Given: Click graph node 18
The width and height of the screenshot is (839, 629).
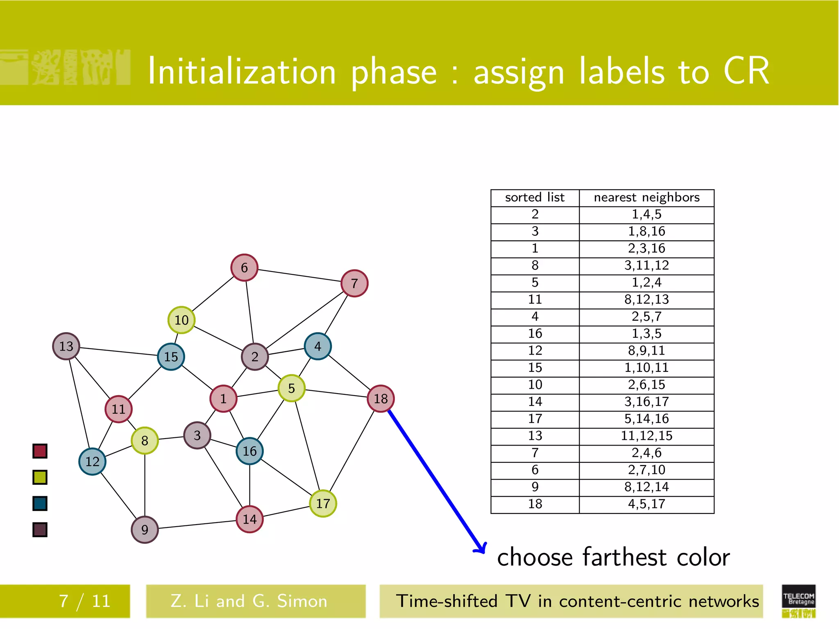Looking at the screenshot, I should (x=381, y=398).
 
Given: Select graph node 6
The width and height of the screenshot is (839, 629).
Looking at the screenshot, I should (x=244, y=267).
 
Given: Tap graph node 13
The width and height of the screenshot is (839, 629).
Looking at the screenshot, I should (x=66, y=346).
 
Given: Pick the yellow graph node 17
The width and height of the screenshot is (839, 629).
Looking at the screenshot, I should (x=323, y=503).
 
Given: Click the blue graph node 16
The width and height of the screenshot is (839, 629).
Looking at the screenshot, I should (x=249, y=451).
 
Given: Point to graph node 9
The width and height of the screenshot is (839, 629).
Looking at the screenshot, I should (x=145, y=529).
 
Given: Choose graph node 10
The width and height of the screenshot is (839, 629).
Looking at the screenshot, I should (x=181, y=320).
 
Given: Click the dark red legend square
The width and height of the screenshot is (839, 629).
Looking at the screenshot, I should (x=40, y=451).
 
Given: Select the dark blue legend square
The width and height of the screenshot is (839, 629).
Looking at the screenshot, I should (x=40, y=503).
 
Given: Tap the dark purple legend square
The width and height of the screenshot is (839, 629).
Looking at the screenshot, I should (x=40, y=529).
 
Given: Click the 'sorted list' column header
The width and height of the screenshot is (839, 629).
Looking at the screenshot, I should (x=535, y=198).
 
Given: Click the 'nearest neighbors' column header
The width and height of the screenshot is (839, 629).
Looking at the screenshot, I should (x=646, y=198).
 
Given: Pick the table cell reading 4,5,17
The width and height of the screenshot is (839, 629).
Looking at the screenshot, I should (x=646, y=504).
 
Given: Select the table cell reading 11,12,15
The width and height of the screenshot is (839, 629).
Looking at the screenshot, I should (x=646, y=436).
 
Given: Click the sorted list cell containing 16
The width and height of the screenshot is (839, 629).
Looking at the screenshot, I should (x=535, y=334).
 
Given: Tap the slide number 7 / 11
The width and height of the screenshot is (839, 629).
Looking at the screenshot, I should (x=84, y=601).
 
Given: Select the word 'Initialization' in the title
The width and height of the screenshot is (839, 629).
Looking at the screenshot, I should (x=242, y=72).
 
